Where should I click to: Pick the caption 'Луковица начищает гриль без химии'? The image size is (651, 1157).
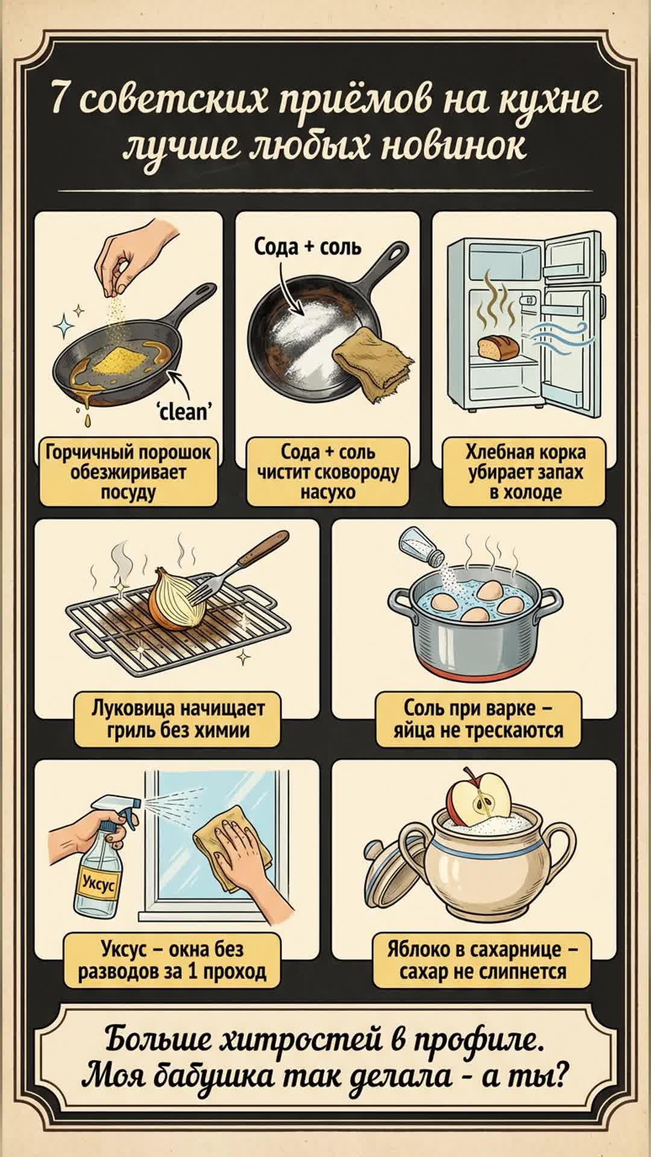[x=178, y=719]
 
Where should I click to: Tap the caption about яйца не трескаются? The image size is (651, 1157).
[x=479, y=719]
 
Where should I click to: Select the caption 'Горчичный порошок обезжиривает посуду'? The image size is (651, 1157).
[x=128, y=472]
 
